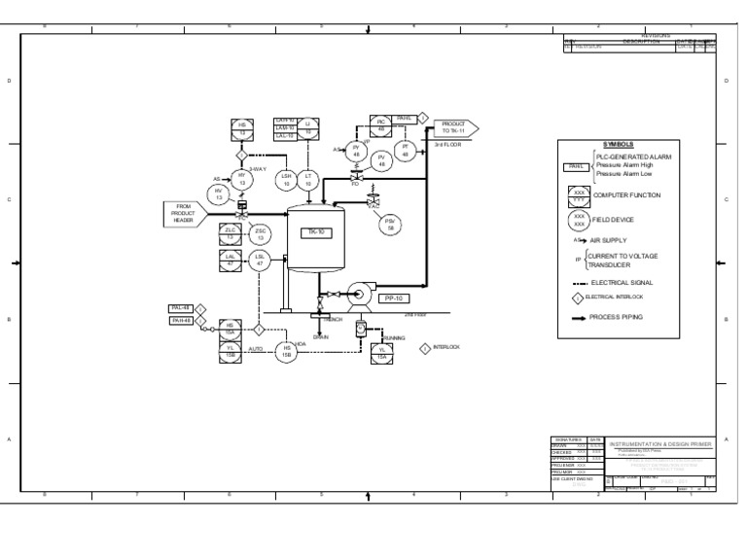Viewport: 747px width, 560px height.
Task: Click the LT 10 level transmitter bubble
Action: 308,179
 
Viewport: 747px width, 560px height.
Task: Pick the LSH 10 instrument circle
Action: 286,179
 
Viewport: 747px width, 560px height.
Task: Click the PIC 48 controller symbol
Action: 381,124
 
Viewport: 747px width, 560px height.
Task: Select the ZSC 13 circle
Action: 260,233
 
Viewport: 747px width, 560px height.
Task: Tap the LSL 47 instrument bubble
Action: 260,260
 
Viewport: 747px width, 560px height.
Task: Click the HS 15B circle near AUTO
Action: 287,352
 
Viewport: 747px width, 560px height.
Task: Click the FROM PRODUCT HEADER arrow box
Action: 186,214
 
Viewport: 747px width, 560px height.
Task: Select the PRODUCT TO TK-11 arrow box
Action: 454,127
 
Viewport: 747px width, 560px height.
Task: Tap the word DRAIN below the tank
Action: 321,336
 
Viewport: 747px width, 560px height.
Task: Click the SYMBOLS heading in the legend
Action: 618,143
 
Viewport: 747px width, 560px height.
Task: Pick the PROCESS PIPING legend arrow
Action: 581,316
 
